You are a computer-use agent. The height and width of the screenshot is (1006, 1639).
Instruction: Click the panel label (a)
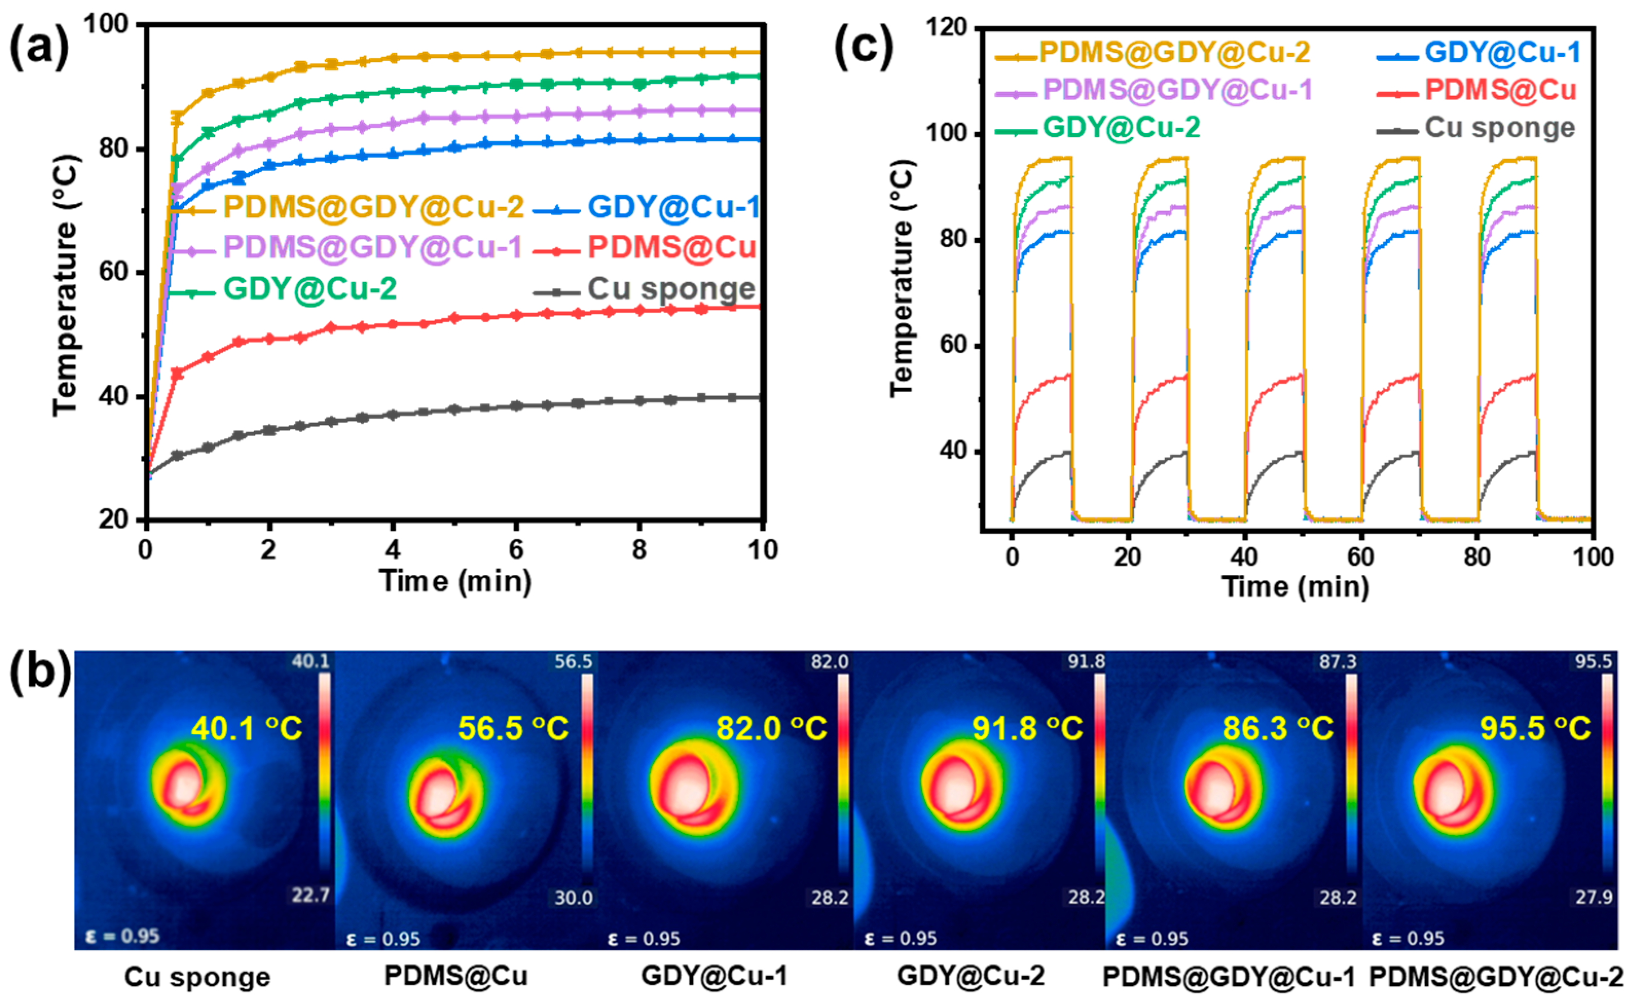coord(39,47)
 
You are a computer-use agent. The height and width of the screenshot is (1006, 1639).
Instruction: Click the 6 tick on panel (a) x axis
coord(515,550)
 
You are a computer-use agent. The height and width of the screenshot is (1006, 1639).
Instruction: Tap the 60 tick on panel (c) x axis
coord(1360,556)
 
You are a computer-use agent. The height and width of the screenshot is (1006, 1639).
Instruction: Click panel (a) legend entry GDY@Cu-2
coord(309,289)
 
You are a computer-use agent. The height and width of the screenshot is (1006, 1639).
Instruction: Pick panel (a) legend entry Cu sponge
coord(671,289)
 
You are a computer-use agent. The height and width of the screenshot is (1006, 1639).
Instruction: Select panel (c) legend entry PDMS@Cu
coord(1500,90)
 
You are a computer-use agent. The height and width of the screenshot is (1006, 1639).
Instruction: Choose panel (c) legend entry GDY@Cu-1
coord(1502,52)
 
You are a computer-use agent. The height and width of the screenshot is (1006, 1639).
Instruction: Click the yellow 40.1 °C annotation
coord(246,729)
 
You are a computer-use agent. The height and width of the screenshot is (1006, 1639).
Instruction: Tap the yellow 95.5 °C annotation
coord(1535,729)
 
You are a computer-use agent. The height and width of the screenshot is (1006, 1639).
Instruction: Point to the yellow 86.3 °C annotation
coord(1278,729)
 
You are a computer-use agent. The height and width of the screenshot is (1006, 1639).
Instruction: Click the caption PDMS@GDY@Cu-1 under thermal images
coord(1228,976)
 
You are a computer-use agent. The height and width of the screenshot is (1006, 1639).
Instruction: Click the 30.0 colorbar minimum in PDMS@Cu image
coord(573,898)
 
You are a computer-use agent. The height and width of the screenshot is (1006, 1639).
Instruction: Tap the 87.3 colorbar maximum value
coord(1337,662)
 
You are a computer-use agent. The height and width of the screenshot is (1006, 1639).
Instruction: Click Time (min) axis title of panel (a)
coord(455,581)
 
